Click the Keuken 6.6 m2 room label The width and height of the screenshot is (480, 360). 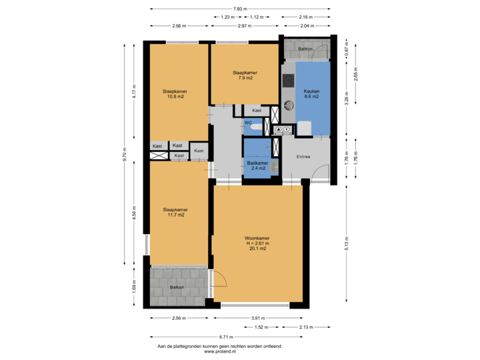point(311,93)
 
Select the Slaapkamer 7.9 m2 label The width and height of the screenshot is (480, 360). point(245,75)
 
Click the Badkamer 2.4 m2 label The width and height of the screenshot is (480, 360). point(257,165)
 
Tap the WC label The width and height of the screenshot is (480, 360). point(247,123)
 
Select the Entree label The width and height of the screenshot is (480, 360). point(303,157)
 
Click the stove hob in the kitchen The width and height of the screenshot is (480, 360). point(288,81)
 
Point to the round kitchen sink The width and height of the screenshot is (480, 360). point(288,105)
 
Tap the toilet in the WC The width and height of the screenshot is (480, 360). point(257,125)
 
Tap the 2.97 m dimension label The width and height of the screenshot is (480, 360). point(244,25)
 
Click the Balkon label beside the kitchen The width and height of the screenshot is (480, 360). point(305,49)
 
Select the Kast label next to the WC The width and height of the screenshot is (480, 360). point(257,111)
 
